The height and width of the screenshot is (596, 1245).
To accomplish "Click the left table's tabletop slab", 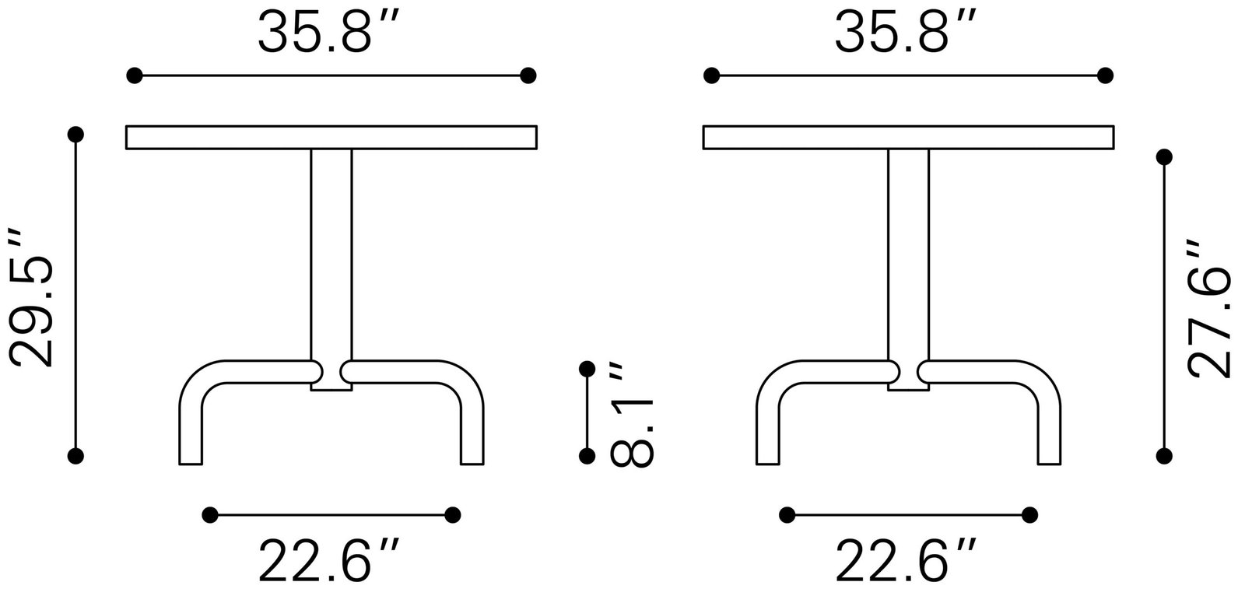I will pyautogui.click(x=331, y=137).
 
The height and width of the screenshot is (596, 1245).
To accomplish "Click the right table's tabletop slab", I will pyautogui.click(x=908, y=137).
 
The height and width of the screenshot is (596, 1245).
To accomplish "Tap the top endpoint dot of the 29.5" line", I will pyautogui.click(x=75, y=135).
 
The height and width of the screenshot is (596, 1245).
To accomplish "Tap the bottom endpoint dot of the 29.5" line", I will pyautogui.click(x=75, y=456).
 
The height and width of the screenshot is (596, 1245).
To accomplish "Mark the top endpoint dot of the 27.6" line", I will pyautogui.click(x=1164, y=157).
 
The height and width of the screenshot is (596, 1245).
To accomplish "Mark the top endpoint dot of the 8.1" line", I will pyautogui.click(x=587, y=368).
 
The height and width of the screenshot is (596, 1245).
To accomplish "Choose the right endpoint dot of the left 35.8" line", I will pyautogui.click(x=528, y=75).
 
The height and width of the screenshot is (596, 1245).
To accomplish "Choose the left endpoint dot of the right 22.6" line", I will pyautogui.click(x=787, y=514).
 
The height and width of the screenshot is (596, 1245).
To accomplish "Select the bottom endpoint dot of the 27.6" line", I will pyautogui.click(x=1164, y=456).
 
